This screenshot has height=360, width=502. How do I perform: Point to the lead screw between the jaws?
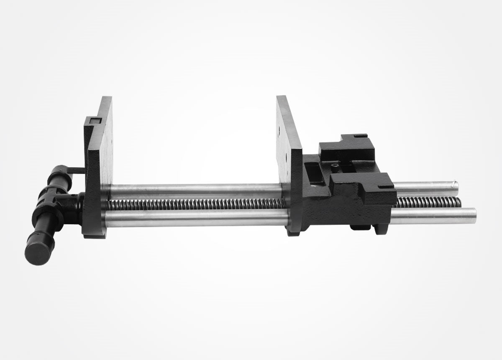197,204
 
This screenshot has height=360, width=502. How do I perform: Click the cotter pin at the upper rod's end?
454,183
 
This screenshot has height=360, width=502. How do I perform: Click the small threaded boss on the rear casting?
334,166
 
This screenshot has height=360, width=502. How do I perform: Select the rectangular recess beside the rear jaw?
314,173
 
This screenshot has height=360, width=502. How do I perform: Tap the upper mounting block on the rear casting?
347,147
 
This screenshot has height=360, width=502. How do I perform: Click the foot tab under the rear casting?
360,227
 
